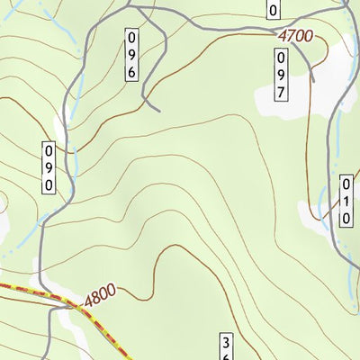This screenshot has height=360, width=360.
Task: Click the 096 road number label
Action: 131,54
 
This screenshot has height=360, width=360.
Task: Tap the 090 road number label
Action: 49,166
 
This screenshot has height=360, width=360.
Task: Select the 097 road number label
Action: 281,74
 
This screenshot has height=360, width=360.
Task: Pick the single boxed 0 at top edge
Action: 274,9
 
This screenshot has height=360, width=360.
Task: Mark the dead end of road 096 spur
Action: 158,111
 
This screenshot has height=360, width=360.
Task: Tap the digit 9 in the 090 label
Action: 49,166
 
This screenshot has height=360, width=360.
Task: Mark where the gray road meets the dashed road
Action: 76,306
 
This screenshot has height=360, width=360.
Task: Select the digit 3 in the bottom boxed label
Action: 228,343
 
